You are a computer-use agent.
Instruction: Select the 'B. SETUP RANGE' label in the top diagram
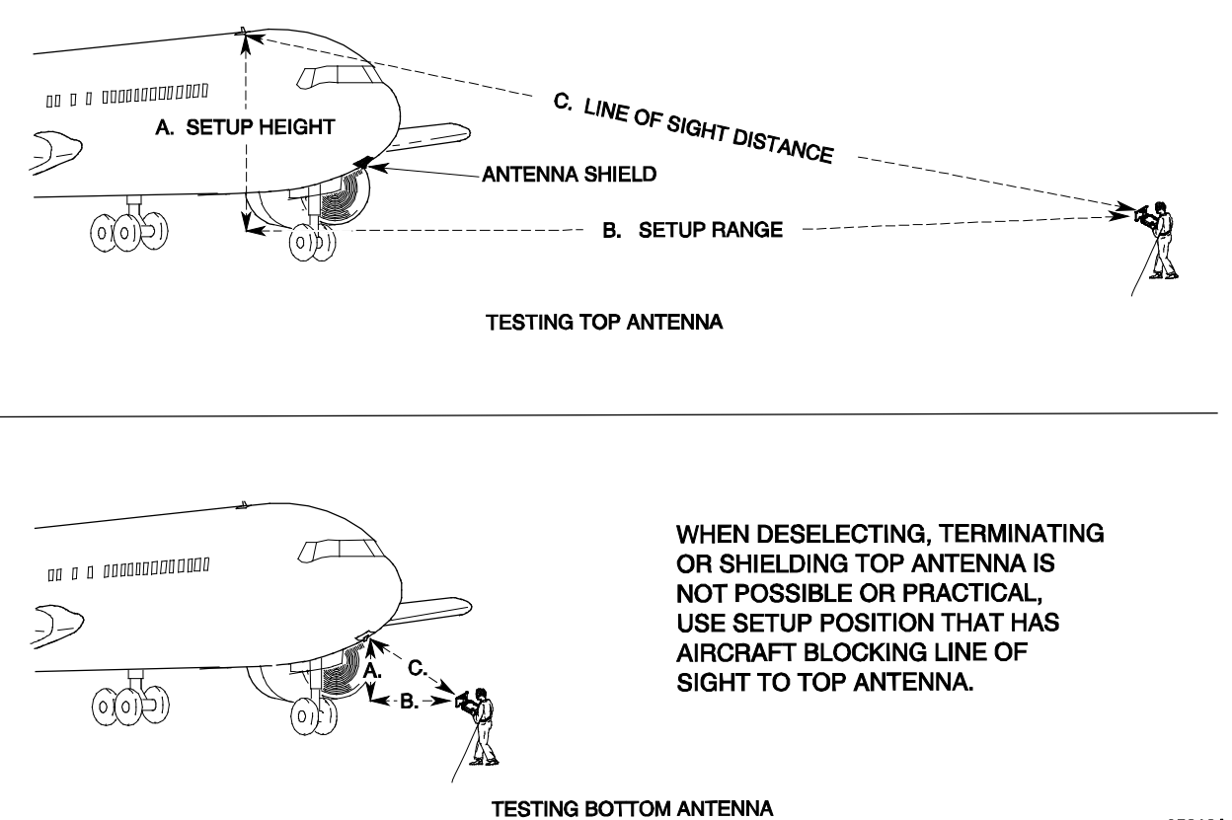pos(692,231)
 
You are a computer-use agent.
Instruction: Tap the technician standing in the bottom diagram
pos(484,726)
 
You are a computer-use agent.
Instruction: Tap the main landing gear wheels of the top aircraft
pos(128,234)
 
